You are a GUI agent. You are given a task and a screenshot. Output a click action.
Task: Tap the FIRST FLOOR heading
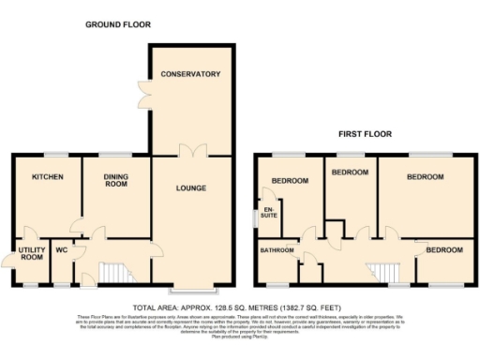365,134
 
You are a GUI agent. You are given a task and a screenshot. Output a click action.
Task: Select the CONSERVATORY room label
189,74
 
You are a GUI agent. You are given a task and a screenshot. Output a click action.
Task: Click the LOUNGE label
190,188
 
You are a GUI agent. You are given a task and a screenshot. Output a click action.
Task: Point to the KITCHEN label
46,176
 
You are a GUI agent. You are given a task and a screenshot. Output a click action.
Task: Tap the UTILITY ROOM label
31,252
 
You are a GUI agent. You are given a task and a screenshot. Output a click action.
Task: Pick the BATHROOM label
277,249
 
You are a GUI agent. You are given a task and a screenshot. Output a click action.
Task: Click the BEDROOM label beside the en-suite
290,181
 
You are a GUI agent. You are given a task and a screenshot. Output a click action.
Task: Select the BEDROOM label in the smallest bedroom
443,250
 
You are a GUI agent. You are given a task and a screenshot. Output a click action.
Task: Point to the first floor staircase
384,272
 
